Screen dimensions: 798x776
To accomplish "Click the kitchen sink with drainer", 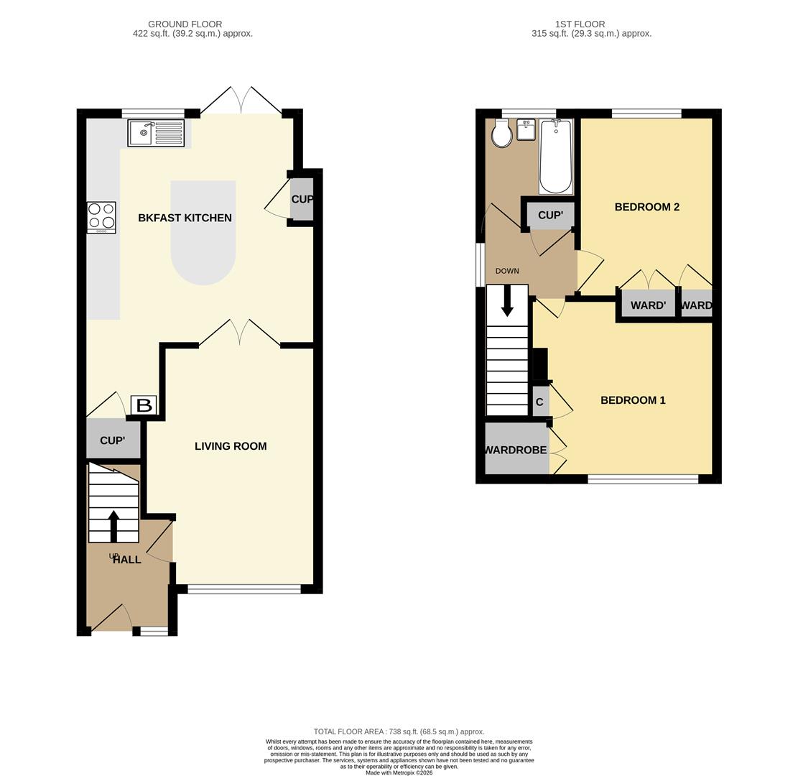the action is point(157,133).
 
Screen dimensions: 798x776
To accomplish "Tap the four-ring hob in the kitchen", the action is point(101,218).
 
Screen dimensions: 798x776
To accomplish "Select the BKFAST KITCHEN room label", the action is point(185,218).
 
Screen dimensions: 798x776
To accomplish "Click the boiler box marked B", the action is point(144,405).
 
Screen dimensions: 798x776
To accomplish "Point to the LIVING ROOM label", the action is point(231,446).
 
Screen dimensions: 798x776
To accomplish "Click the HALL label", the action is point(126,560).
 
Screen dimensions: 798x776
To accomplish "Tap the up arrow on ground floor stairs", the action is point(113,526).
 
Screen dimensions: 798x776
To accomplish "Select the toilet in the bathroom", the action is point(502,134).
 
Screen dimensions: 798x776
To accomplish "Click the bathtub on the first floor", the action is point(556,157).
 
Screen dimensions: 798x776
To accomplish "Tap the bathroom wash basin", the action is point(525,130).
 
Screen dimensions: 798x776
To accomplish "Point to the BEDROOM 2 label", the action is point(647,207).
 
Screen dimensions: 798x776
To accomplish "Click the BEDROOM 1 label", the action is point(633,400).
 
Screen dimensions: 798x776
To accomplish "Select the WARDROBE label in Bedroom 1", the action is point(516,450).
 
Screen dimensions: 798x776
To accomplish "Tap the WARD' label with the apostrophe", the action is point(649,305).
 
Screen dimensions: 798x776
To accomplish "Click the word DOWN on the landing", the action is point(507,271).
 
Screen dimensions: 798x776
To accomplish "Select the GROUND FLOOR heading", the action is point(185,24).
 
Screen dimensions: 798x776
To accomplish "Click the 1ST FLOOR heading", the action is point(580,24).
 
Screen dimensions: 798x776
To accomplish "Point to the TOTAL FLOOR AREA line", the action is point(399,731).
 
